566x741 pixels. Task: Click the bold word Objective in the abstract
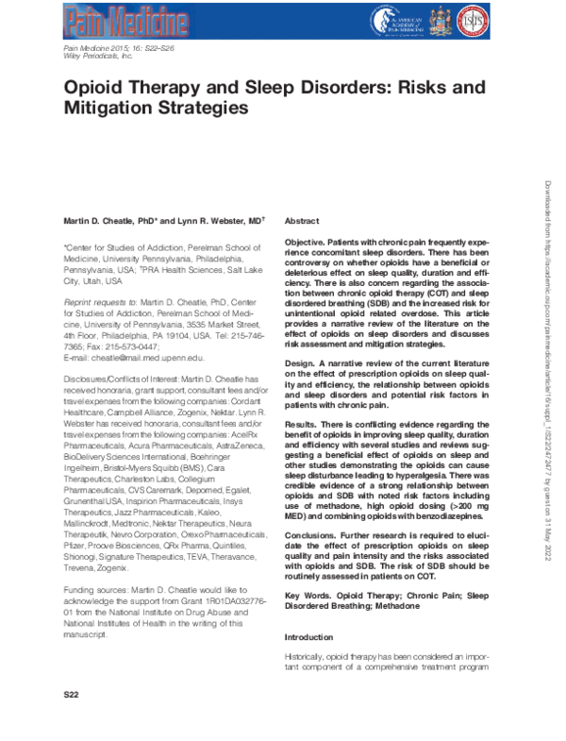(x=308, y=243)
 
